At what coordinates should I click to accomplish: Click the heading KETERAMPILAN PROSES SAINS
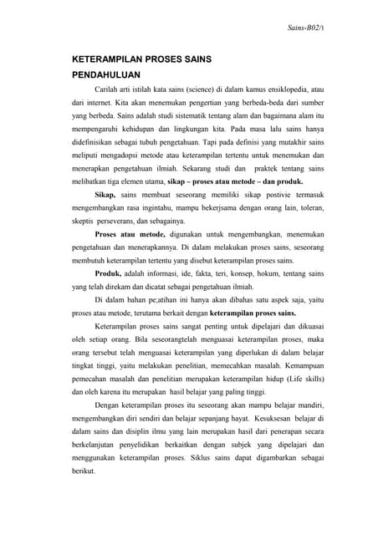[x=141, y=60]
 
